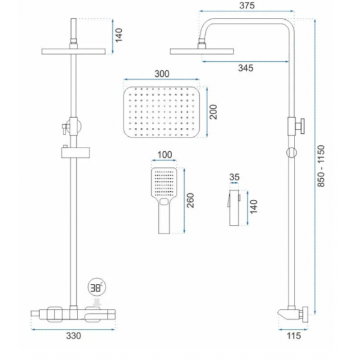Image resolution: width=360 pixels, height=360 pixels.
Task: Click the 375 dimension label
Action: [x=247, y=5]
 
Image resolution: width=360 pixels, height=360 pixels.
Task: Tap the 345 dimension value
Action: [x=245, y=68]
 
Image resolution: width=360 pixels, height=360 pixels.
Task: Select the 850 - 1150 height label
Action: [x=321, y=166]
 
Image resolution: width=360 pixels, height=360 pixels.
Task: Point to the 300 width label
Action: [x=162, y=74]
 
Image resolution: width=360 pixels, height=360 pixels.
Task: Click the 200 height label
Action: [x=213, y=112]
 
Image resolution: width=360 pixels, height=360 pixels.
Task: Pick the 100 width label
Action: [x=165, y=155]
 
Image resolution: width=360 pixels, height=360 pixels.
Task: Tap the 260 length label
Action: [x=190, y=200]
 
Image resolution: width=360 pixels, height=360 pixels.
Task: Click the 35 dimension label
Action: [x=234, y=177]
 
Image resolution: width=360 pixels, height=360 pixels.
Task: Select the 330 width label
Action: [x=73, y=335]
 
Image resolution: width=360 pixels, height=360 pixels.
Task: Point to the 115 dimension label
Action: [x=293, y=335]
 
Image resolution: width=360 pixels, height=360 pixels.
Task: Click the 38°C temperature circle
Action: [x=97, y=287]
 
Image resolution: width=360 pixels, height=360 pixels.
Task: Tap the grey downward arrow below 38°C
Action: [x=97, y=303]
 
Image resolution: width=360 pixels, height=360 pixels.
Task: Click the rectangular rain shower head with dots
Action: [x=161, y=112]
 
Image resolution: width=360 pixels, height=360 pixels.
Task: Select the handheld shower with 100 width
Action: [x=164, y=200]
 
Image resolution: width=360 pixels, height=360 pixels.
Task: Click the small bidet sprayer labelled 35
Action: [x=234, y=208]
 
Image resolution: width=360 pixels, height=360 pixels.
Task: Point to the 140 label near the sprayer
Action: [x=253, y=207]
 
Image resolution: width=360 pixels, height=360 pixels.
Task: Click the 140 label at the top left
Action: [x=119, y=35]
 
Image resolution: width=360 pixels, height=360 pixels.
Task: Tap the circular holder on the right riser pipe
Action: [x=292, y=152]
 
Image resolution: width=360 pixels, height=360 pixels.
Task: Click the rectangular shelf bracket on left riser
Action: [x=76, y=152]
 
